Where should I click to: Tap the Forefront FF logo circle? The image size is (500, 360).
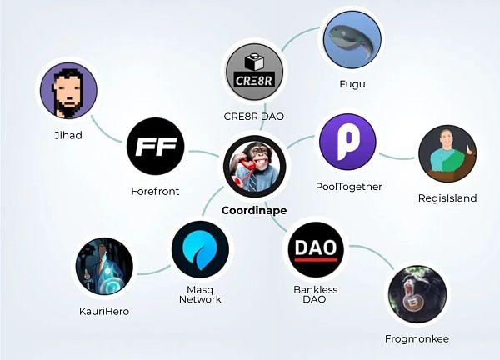(x=154, y=147)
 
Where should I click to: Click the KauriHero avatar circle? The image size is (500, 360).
(x=104, y=268)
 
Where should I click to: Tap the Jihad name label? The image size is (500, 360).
(x=67, y=136)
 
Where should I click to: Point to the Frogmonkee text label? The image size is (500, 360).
(x=417, y=339)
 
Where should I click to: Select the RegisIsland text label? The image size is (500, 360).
(x=448, y=197)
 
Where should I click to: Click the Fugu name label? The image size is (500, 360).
(x=352, y=84)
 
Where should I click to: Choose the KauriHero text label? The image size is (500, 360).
(x=104, y=311)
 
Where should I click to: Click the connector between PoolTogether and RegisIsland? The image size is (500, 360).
(x=397, y=155)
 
